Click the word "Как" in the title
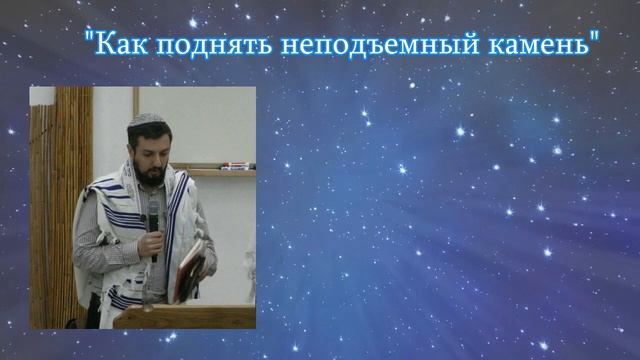pyautogui.click(x=116, y=45)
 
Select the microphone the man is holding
pyautogui.click(x=153, y=215)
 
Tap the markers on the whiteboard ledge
pyautogui.click(x=231, y=165)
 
